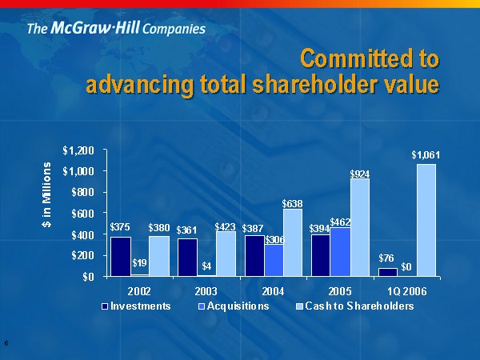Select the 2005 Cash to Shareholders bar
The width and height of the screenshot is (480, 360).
(x=361, y=227)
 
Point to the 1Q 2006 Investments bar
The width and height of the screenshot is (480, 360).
(x=388, y=272)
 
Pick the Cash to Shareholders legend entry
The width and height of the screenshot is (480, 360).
(x=352, y=306)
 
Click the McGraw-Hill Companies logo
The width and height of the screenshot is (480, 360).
(x=116, y=29)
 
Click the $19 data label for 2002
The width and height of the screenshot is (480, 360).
(x=139, y=262)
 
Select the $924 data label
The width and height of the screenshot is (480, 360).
(x=360, y=172)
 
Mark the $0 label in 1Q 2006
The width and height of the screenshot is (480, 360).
(x=406, y=266)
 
